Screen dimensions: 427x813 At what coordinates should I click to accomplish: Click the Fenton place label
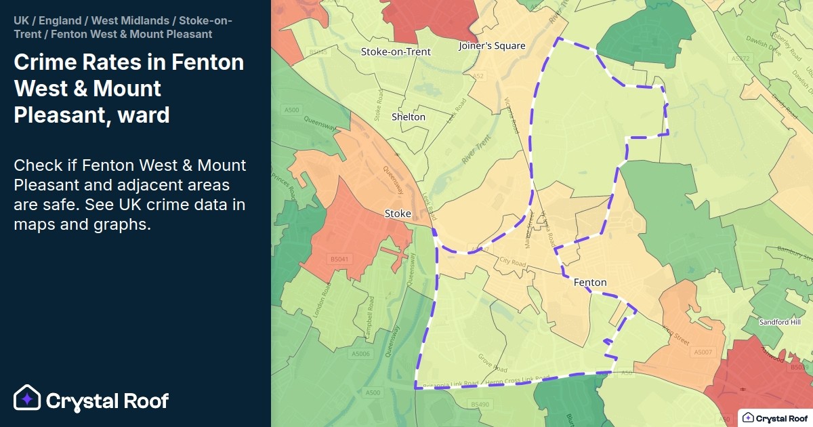click(x=589, y=282)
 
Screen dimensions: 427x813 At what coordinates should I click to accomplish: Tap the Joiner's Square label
click(x=492, y=46)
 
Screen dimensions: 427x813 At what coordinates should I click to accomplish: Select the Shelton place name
click(x=409, y=117)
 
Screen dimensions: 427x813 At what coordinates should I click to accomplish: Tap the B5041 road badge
click(x=339, y=259)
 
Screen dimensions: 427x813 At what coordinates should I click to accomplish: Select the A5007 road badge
click(x=703, y=352)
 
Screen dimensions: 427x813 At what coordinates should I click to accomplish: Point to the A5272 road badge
click(x=743, y=59)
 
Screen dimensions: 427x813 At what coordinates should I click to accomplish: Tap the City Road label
click(x=512, y=262)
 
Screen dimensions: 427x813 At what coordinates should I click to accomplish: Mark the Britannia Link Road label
click(x=451, y=385)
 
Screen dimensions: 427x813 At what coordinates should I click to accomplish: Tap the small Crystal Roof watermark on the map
click(x=775, y=418)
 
